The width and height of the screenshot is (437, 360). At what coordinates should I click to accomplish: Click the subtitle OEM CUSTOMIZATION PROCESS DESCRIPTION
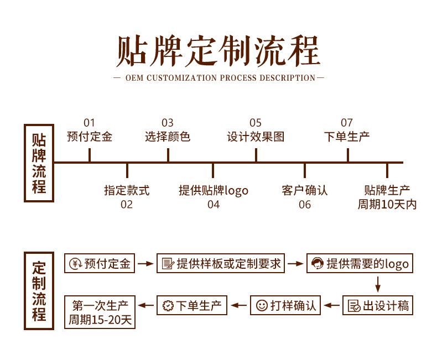coord(219,78)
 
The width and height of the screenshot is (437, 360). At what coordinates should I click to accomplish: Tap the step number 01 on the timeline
coord(89,123)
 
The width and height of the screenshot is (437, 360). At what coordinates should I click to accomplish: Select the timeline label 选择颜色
coord(168,137)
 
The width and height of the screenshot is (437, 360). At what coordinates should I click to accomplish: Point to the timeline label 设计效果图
coord(256,137)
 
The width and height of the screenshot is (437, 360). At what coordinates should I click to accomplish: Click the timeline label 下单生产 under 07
coord(347,137)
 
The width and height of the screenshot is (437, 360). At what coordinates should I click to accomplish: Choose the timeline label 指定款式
coord(127,191)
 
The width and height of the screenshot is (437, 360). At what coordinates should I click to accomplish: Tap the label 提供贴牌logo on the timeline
coord(213,191)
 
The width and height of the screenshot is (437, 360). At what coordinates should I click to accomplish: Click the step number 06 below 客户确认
coord(305,205)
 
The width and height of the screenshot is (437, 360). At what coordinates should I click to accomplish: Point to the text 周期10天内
coord(387,205)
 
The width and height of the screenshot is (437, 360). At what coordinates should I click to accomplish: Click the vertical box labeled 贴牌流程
coord(39,163)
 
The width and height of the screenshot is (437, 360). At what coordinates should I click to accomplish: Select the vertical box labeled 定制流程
coord(39,290)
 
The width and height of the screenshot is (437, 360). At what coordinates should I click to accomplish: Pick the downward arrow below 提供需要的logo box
coord(378,284)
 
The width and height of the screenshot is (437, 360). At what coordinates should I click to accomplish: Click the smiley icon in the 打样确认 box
coord(262,305)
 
